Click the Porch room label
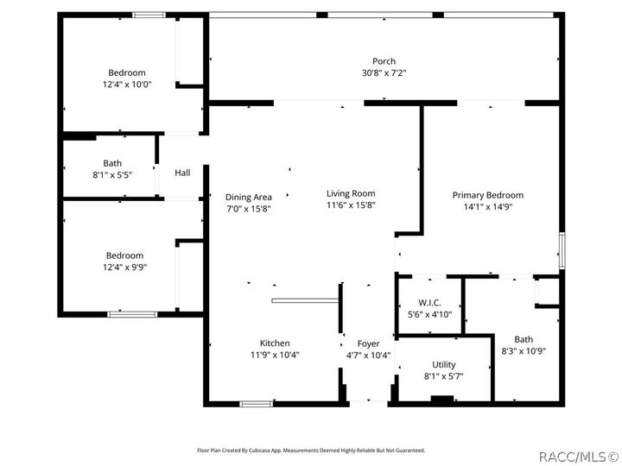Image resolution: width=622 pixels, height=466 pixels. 384,61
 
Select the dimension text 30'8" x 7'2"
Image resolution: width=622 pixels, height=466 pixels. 384,73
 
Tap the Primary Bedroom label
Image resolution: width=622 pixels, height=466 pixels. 487,195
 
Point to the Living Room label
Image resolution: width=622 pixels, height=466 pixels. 351,193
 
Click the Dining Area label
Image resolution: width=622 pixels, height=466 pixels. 248,197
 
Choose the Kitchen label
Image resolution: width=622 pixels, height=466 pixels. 275,343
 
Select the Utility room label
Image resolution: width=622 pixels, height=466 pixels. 443,364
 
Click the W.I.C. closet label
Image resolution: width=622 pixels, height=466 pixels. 429,302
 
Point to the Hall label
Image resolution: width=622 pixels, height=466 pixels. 182,173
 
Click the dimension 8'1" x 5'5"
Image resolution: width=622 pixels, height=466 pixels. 112,175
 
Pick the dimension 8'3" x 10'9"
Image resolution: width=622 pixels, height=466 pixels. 524,351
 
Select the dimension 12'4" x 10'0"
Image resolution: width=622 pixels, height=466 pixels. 126,85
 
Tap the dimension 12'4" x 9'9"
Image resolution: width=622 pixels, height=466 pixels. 124,268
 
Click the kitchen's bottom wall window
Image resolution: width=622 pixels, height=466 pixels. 257,403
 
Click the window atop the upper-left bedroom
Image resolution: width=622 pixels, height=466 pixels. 149,15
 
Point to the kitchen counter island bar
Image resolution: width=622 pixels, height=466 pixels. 304,300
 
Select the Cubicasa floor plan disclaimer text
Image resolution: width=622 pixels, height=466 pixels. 310,450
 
